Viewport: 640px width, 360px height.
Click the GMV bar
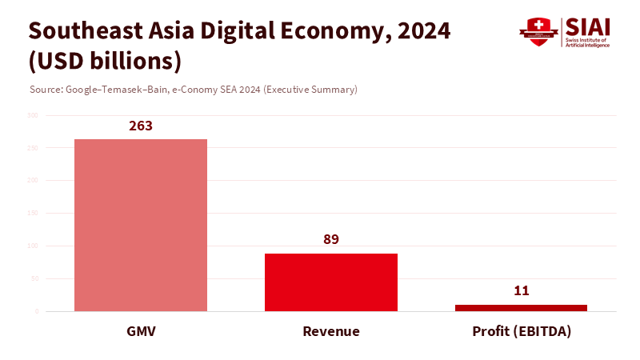(x=141, y=225)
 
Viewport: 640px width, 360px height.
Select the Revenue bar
(x=331, y=282)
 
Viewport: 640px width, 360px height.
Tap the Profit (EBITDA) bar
(x=521, y=308)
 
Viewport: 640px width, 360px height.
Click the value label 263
(x=141, y=126)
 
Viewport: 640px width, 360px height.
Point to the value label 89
(x=331, y=240)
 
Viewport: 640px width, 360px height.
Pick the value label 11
(x=521, y=291)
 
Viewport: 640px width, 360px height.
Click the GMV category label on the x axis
(x=141, y=331)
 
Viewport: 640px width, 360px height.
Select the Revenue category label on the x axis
(x=331, y=331)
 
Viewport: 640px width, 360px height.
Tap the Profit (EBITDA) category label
(x=521, y=331)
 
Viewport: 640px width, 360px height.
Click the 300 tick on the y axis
(x=33, y=115)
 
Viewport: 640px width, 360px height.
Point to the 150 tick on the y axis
(x=33, y=214)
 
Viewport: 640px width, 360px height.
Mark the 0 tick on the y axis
(x=37, y=311)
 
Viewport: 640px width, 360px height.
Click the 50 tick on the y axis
(x=34, y=278)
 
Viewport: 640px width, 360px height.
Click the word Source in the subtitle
(x=44, y=90)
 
